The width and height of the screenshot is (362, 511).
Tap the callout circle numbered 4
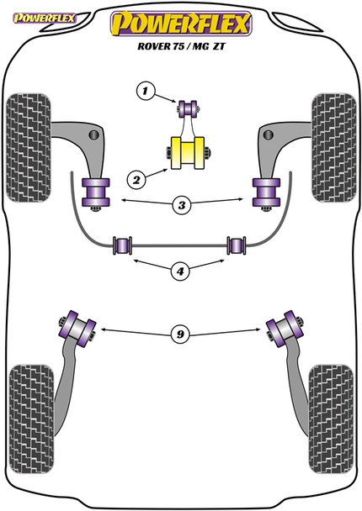pos(179,271)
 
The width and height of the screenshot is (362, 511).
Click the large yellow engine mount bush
pos(189,152)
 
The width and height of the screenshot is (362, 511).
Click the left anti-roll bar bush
pos(123,245)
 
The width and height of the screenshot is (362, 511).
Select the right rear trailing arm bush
pos(284,326)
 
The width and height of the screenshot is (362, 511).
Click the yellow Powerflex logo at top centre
pos(180,24)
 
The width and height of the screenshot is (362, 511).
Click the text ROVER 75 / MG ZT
pos(180,48)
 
